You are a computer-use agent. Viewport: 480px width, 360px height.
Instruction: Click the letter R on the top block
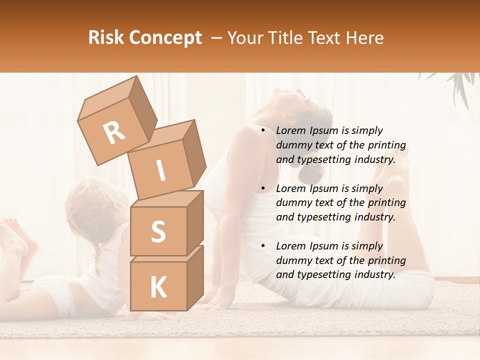point(114,132)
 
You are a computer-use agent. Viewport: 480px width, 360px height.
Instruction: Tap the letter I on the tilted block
point(160,170)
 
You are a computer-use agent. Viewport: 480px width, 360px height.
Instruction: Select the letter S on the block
point(158,232)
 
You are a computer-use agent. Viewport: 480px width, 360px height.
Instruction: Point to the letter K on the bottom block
point(158,287)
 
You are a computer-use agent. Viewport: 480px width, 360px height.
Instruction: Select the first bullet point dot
point(263,131)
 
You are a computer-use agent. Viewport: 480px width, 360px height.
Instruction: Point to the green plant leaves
point(460,85)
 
